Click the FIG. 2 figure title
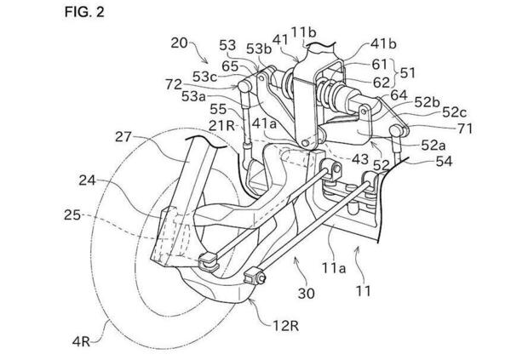point(84,12)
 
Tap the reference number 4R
point(81,342)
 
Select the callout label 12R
point(286,325)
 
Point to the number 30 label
point(306,294)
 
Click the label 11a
point(335,268)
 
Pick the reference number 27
point(123,137)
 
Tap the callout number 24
point(87,180)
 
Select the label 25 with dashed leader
point(72,215)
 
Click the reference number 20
point(179,43)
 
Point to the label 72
point(174,85)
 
